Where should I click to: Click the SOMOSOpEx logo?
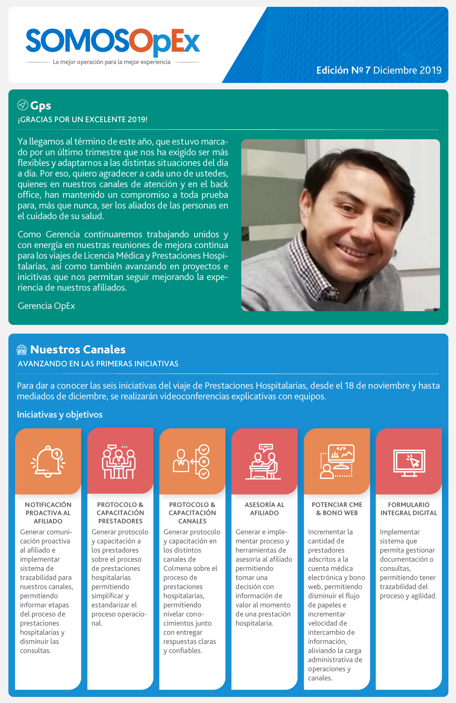113,41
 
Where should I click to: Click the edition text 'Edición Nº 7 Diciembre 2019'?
379,70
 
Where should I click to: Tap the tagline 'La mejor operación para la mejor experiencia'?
112,62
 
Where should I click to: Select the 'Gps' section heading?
40,105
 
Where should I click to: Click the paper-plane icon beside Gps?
22,105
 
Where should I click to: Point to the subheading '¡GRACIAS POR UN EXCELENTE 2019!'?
83,119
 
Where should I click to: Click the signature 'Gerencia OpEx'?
46,306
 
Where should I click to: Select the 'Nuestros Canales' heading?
78,349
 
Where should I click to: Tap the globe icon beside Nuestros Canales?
22,350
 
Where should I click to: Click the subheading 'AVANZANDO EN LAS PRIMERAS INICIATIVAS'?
98,364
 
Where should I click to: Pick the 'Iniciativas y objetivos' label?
60,414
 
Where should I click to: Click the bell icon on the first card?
48,461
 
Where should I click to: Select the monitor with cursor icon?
409,463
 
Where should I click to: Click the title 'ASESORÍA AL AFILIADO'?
265,509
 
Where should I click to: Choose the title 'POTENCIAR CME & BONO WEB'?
337,509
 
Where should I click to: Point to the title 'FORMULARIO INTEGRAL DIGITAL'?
409,509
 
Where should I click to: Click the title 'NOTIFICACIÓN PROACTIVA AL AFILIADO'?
48,513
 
